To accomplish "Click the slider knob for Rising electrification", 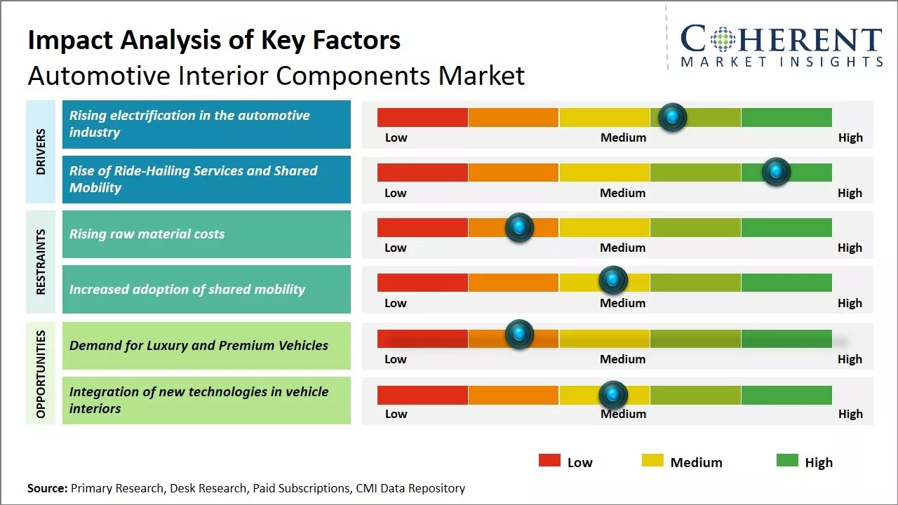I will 673,117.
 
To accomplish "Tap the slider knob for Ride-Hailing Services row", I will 776,172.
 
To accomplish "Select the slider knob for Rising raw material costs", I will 519,227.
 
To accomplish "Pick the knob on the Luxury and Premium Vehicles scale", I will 519,335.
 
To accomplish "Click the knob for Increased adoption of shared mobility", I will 613,281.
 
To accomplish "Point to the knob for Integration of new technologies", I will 613,395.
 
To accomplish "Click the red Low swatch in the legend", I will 549,461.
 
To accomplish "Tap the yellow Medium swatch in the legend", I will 652,461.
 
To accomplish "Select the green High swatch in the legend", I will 787,461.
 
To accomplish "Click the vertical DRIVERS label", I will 41,151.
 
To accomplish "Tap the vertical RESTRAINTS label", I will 41,262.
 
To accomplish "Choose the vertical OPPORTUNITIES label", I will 41,373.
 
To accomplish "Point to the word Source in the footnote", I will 47,488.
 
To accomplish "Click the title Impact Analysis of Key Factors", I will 214,40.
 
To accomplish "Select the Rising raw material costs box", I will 206,234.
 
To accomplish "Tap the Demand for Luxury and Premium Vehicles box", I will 206,345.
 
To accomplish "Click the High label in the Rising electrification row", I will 850,137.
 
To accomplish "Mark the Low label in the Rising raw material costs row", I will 396,248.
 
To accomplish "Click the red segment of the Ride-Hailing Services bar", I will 422,173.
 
